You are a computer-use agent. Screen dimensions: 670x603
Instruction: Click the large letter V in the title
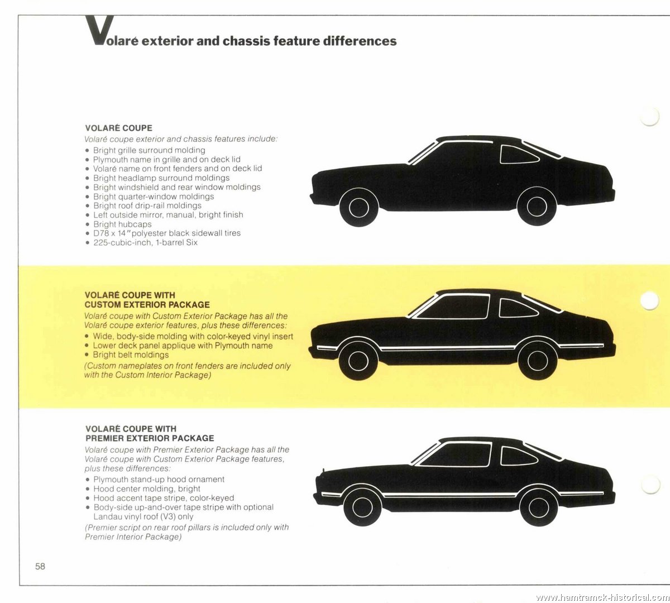[99, 30]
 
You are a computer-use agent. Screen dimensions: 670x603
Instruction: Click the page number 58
[40, 566]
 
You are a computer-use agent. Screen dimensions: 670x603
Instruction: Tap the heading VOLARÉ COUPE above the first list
[118, 128]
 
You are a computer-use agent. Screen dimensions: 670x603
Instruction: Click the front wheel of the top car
[358, 207]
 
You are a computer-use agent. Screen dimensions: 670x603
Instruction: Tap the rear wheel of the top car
[537, 206]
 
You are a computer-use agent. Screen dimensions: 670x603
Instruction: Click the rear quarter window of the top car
[518, 155]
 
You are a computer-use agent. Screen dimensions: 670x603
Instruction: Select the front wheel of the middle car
[358, 361]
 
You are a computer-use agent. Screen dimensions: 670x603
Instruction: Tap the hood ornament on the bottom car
[323, 471]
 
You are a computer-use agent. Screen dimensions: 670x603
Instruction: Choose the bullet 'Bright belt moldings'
[131, 355]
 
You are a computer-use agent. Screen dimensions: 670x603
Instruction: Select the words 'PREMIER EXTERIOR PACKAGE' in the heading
[150, 438]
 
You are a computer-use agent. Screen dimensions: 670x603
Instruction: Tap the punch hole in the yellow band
[650, 300]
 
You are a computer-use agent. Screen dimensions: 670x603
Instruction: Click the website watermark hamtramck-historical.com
[602, 597]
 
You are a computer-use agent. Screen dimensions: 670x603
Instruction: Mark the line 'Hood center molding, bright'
[147, 489]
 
